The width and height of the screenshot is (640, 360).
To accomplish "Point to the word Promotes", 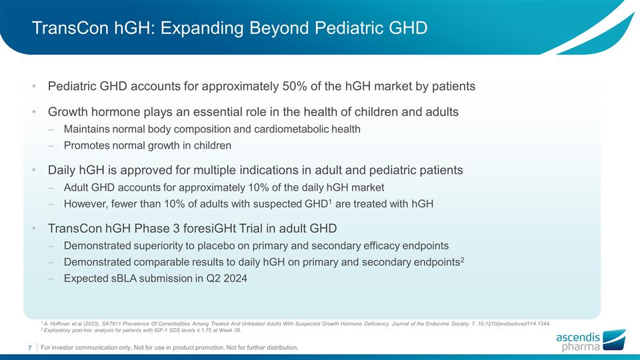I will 87,145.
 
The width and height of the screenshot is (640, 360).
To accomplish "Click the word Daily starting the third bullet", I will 62,170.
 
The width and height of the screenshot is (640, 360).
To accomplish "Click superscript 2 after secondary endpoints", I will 462,259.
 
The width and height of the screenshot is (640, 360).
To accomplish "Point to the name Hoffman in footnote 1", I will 60,321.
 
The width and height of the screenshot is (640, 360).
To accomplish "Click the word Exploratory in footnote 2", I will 59,329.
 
